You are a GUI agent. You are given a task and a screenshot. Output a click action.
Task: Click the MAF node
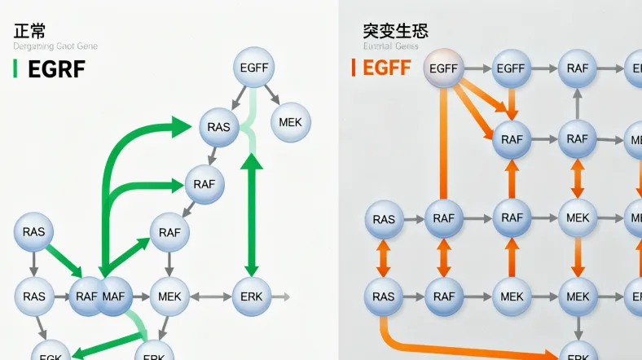(115, 296)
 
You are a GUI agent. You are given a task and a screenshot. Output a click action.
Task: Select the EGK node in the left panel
(51, 354)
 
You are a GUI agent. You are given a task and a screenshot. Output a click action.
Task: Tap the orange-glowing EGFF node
(444, 69)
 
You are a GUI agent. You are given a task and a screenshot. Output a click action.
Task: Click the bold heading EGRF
(56, 69)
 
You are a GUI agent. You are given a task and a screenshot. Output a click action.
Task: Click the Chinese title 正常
(29, 32)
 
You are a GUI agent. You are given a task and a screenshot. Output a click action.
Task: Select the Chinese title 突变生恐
(395, 32)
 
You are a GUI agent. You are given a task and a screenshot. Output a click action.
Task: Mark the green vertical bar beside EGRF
(15, 69)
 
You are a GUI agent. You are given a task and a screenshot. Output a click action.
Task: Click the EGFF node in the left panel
(254, 68)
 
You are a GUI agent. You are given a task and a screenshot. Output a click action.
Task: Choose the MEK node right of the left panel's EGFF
(289, 122)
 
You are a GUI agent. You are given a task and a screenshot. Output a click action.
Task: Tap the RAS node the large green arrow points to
(219, 127)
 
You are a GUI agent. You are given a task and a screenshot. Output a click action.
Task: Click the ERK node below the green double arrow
(252, 296)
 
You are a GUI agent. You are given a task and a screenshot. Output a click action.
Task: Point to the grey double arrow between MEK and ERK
(204, 296)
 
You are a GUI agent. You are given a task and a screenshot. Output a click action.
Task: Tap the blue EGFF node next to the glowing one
(511, 69)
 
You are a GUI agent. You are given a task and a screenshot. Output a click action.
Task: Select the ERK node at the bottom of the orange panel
(578, 354)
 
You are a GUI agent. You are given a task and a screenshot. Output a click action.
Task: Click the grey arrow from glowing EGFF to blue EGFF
(477, 69)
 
